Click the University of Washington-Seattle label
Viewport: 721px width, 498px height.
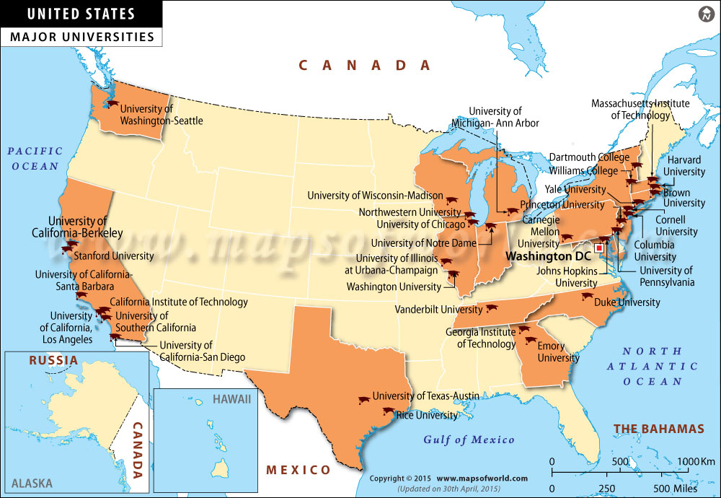162,115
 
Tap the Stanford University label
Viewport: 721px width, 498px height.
114,255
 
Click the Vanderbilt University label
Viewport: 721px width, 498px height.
438,310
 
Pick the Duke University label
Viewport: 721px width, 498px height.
627,302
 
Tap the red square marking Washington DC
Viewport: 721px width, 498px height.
598,248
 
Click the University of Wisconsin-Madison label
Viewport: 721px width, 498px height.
375,196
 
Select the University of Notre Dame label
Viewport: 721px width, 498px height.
423,243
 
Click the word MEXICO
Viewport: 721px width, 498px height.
298,470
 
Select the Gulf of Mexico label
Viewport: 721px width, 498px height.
469,440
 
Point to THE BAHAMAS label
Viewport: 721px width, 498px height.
658,429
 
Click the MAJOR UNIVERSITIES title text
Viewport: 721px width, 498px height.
81,36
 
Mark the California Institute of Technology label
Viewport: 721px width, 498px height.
179,302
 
